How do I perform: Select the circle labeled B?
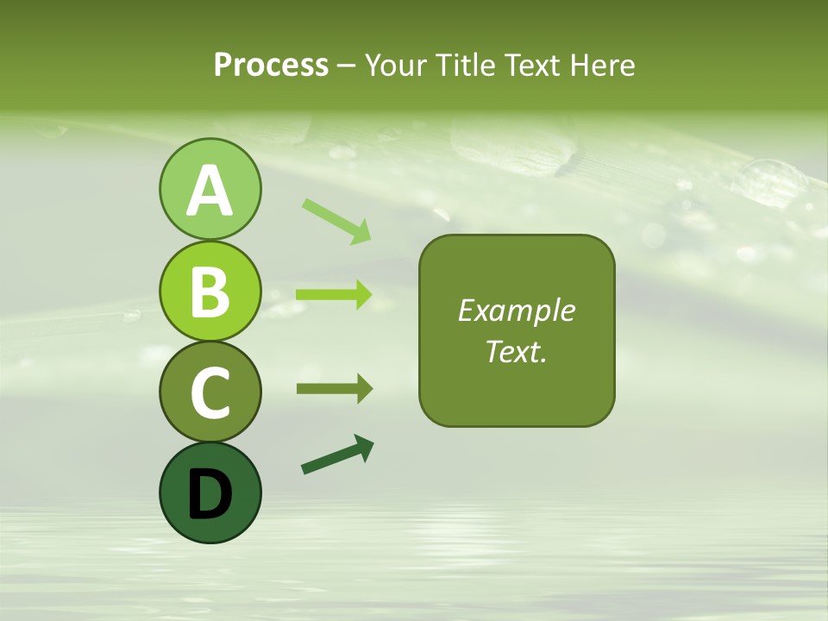pos(210,291)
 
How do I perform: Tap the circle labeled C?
pos(210,392)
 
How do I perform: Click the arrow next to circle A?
pos(336,221)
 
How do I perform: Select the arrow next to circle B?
pos(334,295)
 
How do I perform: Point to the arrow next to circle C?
pos(335,389)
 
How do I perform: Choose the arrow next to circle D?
pos(337,455)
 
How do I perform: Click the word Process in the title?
pos(271,65)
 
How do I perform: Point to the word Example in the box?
pos(516,310)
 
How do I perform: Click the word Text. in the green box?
pos(516,351)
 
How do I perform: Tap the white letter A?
pos(210,191)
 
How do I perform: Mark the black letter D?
pos(210,494)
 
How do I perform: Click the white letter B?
pos(210,291)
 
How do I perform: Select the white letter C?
pos(210,392)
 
